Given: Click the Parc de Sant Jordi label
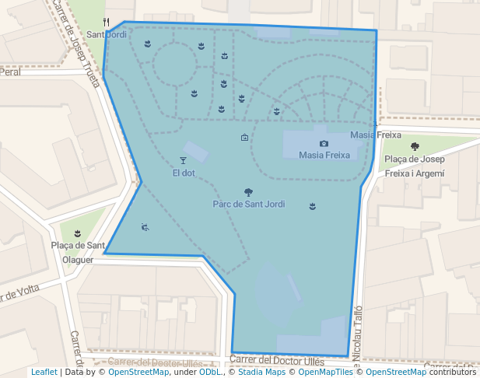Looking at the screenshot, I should pyautogui.click(x=248, y=204).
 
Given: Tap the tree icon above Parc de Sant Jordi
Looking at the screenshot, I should pyautogui.click(x=248, y=191).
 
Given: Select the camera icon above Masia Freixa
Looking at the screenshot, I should pyautogui.click(x=324, y=143).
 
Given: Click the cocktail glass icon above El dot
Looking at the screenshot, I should pyautogui.click(x=184, y=160).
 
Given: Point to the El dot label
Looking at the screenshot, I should pyautogui.click(x=184, y=173).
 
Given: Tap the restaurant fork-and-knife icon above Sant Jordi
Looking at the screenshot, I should pyautogui.click(x=107, y=23).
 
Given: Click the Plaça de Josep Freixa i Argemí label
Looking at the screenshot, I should pyautogui.click(x=414, y=166).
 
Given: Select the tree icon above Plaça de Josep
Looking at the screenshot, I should pyautogui.click(x=415, y=146).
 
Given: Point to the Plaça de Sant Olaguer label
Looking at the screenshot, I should pyautogui.click(x=78, y=252).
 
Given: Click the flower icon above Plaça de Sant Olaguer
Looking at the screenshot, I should pyautogui.click(x=77, y=233).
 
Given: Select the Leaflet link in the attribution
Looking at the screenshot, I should pyautogui.click(x=44, y=373).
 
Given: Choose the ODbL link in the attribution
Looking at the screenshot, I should pyautogui.click(x=211, y=373).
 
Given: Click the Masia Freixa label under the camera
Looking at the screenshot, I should pyautogui.click(x=324, y=155).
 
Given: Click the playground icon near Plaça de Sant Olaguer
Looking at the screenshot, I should pyautogui.click(x=145, y=227).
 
